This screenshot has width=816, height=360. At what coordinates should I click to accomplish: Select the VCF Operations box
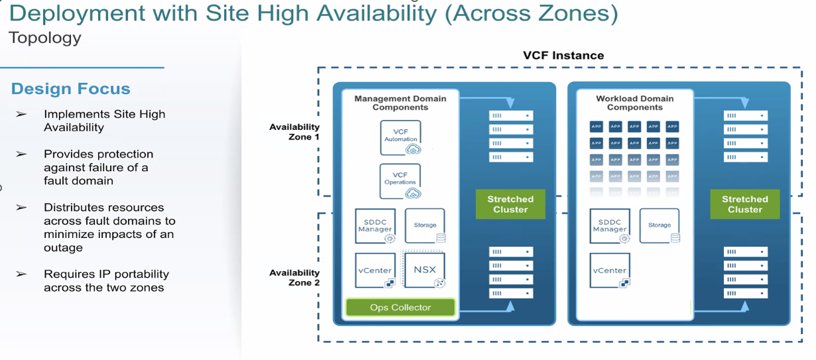[400, 181]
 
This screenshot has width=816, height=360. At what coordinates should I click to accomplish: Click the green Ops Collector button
[400, 307]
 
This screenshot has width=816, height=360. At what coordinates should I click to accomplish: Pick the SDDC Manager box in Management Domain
[375, 225]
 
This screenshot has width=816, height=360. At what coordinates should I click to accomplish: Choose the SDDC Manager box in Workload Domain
[609, 225]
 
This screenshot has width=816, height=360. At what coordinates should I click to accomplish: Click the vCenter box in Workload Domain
[609, 270]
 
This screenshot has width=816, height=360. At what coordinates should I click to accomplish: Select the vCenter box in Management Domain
[375, 270]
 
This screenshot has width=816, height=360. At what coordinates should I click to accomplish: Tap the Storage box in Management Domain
[425, 225]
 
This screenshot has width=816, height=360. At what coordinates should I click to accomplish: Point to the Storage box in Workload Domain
[660, 225]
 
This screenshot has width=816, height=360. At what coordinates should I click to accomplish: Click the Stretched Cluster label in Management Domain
[510, 204]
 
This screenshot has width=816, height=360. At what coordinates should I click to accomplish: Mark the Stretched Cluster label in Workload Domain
[744, 204]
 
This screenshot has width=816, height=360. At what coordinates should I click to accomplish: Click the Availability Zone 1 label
[294, 131]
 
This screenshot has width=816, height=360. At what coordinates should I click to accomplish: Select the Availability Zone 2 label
[294, 277]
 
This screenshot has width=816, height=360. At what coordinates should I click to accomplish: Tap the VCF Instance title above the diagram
[563, 56]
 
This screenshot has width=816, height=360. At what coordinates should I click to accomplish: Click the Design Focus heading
[71, 89]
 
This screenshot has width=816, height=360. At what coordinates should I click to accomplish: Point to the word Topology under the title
[45, 38]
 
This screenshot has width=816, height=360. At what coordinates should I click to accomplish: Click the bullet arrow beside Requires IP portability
[22, 274]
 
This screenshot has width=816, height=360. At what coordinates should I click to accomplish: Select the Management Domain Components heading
[400, 103]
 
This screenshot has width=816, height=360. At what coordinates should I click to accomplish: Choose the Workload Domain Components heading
[634, 103]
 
